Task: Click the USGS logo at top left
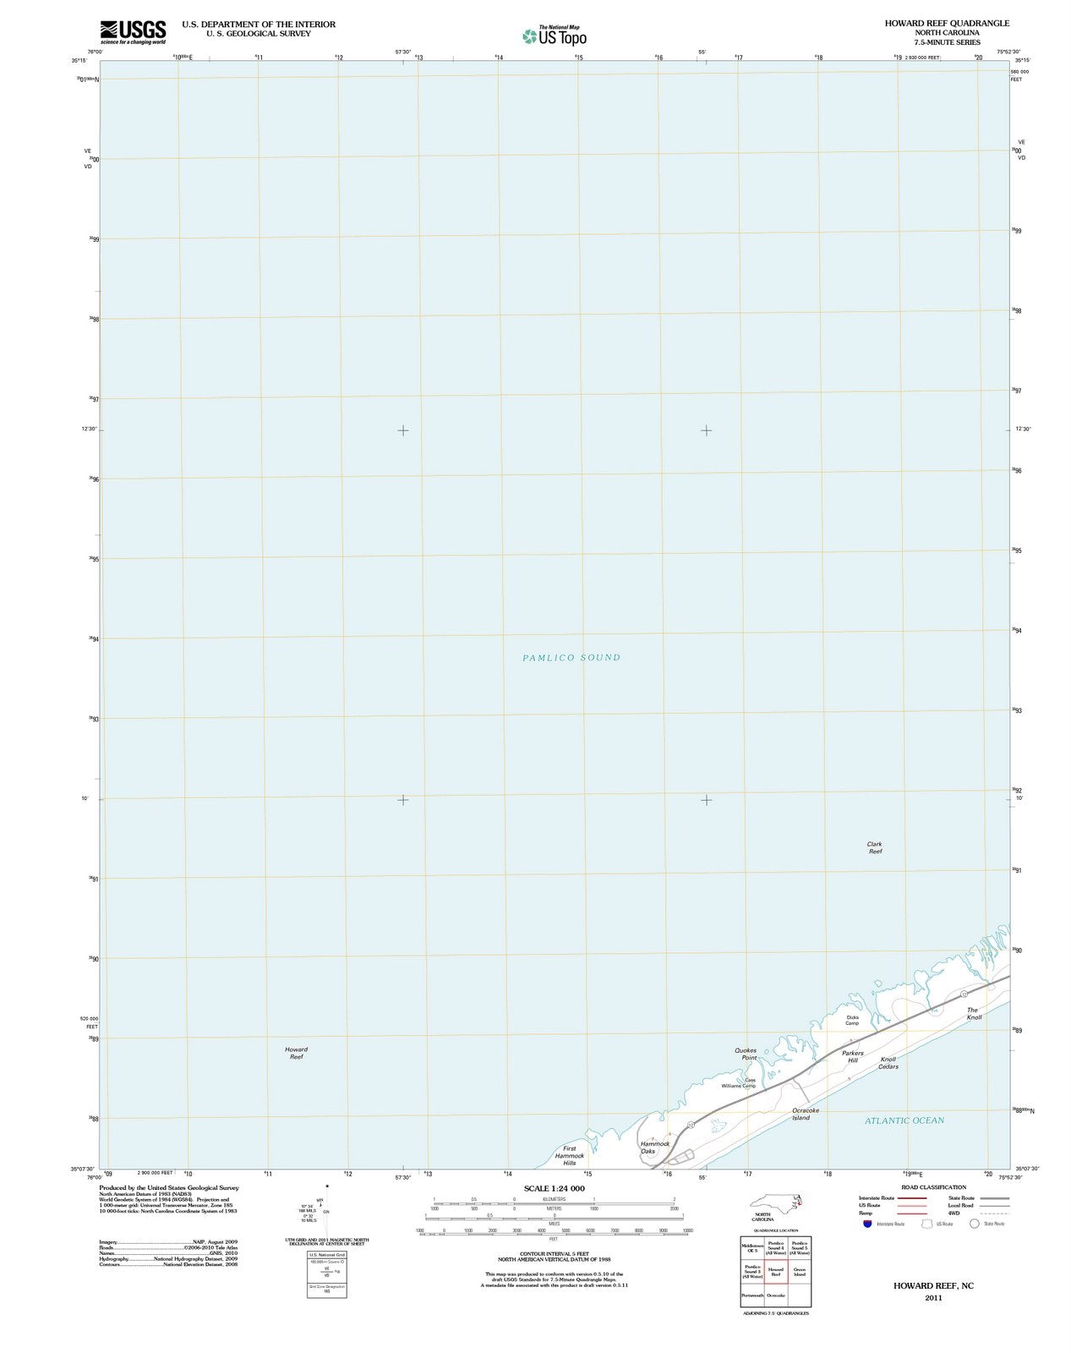pos(132,31)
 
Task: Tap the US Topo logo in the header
pos(554,35)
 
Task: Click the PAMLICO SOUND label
pos(571,657)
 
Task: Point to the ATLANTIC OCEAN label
pos(904,1120)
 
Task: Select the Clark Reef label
pos(874,848)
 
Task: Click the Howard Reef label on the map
pos(296,1053)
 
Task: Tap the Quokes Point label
pos(746,1054)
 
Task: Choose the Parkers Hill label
pos(852,1056)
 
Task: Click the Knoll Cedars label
pos(888,1063)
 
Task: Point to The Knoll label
pos(974,1014)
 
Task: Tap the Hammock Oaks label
pos(654,1147)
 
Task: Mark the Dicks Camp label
pos(852,1020)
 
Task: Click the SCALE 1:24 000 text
pos(554,1188)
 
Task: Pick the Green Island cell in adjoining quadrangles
pos(799,1272)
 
